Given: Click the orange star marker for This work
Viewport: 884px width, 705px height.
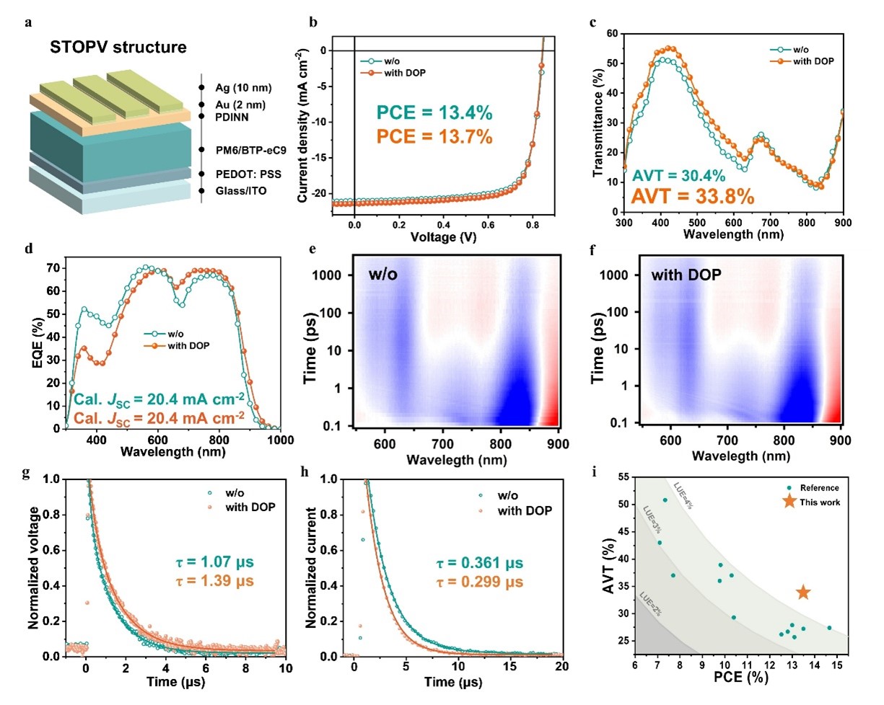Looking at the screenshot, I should pyautogui.click(x=802, y=593).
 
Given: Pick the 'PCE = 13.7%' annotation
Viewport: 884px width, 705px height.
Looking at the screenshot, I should pyautogui.click(x=434, y=136).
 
